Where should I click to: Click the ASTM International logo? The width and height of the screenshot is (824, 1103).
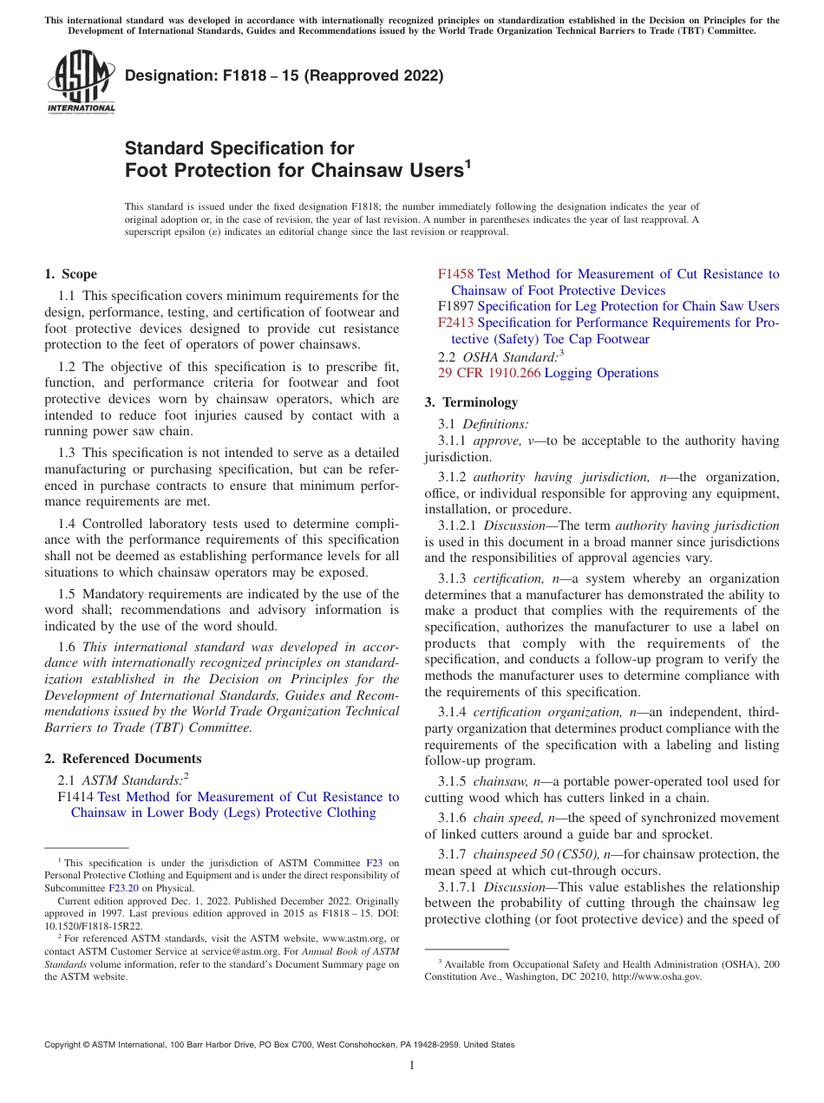point(81,82)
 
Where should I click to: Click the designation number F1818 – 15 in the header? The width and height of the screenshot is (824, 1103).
point(236,75)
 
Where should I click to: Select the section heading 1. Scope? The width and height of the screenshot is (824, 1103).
point(70,274)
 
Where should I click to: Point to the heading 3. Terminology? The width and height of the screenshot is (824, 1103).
point(471,402)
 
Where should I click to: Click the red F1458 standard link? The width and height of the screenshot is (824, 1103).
point(455,274)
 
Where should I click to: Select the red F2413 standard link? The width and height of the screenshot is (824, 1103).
point(455,323)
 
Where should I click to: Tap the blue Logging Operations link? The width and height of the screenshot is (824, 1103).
point(601,373)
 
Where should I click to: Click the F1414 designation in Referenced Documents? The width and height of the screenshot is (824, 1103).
point(75,797)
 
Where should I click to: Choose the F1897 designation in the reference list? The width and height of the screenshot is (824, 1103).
point(455,306)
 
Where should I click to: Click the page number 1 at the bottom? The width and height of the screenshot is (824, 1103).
point(412,1065)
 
